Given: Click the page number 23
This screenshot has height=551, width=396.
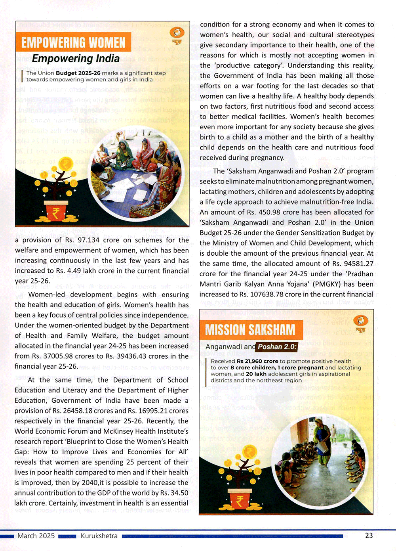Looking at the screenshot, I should tap(369, 536).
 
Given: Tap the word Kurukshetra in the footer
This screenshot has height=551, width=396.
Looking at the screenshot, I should tap(99, 536).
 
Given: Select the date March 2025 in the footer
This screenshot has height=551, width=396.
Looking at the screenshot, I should tap(36, 536).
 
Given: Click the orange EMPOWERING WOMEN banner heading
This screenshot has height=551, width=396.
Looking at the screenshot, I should tap(73, 42).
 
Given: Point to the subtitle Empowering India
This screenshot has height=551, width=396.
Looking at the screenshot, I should tap(76, 59).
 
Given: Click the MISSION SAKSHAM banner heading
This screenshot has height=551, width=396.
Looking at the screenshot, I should tap(250, 330).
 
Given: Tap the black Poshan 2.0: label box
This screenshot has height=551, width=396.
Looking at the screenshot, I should tap(277, 347).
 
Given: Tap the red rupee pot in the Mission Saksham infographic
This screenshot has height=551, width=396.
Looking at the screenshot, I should tap(239, 499).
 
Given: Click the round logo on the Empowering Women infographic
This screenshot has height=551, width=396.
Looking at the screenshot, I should tap(177, 33).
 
